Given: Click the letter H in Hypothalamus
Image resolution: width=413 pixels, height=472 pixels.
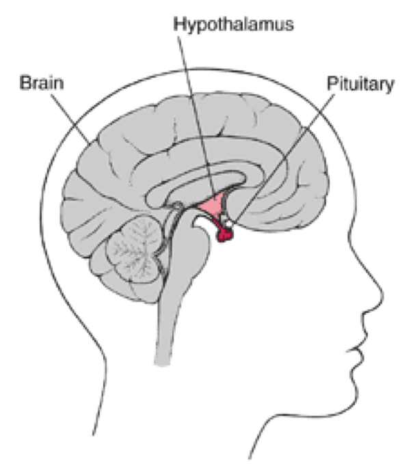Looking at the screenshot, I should tap(179, 25).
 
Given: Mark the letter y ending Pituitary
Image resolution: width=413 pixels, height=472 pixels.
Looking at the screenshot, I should tap(389, 87).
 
